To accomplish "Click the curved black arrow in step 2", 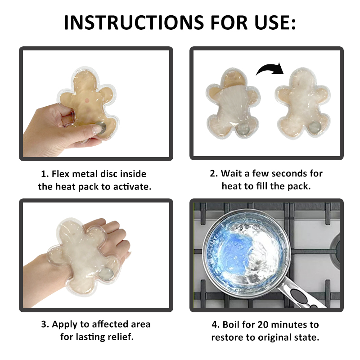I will coord(270,69).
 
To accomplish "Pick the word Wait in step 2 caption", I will coord(232,174).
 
